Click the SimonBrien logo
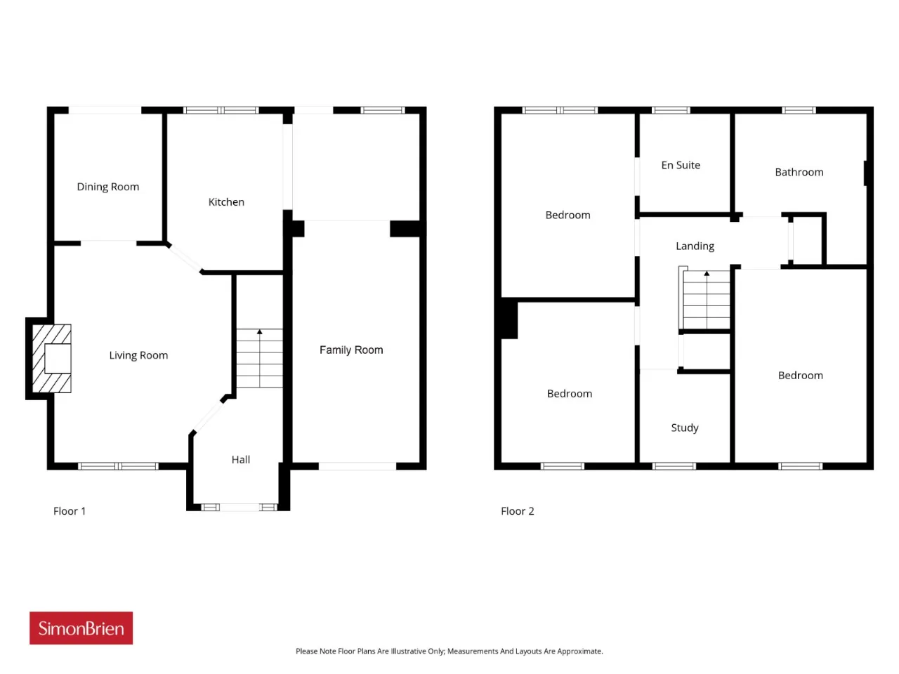click(x=81, y=628)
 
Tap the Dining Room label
click(x=107, y=187)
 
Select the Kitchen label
click(x=226, y=201)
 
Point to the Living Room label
click(x=138, y=355)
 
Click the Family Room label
click(x=351, y=350)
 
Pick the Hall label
click(x=240, y=460)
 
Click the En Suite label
click(x=681, y=165)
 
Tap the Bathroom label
click(x=799, y=172)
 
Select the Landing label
click(x=695, y=246)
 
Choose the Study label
click(x=684, y=428)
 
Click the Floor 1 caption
click(x=70, y=510)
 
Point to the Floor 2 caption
click(x=518, y=510)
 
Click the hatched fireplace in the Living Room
click(x=51, y=359)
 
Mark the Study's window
click(x=674, y=466)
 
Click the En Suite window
click(x=671, y=110)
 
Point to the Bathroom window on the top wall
click(x=799, y=110)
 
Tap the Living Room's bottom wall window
click(x=118, y=466)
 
